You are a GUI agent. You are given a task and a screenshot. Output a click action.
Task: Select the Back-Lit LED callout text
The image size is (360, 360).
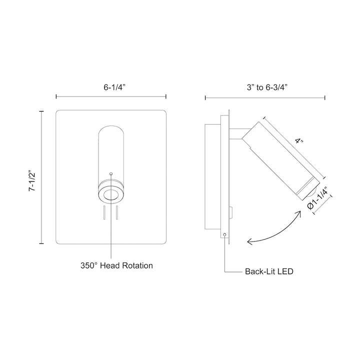coord(268,272)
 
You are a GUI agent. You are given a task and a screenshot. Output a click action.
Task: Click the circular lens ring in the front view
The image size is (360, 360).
coord(111,195)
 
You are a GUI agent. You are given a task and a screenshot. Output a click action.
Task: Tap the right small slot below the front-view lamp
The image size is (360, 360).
coord(117,213)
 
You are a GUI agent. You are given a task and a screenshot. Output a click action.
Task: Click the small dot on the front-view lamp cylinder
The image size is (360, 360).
coord(111,173)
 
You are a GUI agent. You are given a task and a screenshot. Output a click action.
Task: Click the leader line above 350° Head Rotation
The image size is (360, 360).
coord(111,235)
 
